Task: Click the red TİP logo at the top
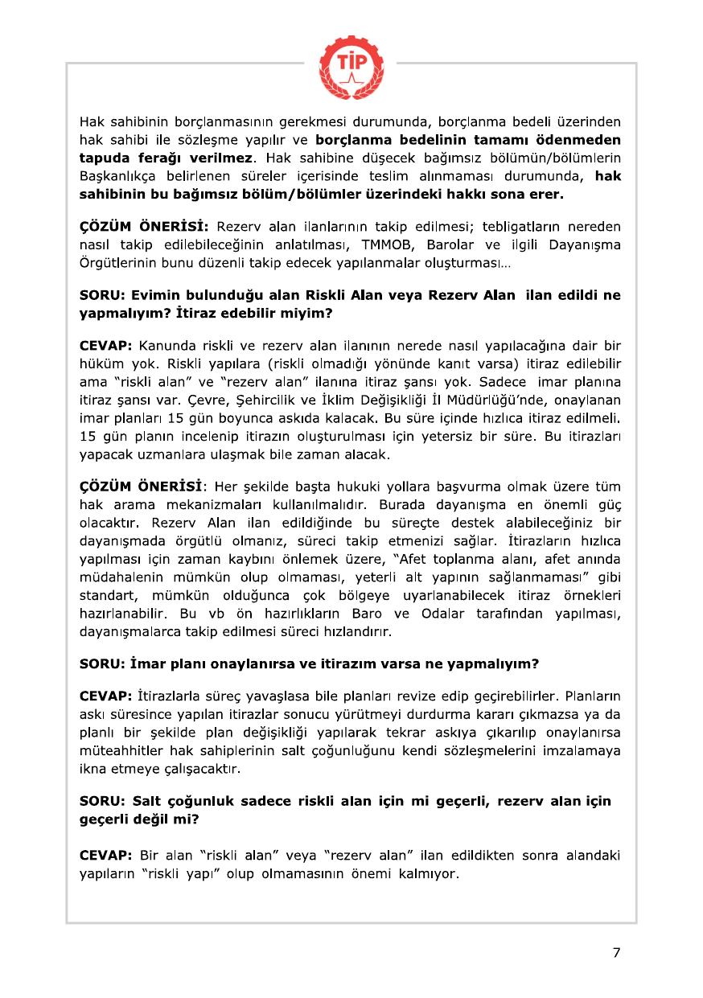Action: [350, 60]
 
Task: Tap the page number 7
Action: [616, 953]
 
